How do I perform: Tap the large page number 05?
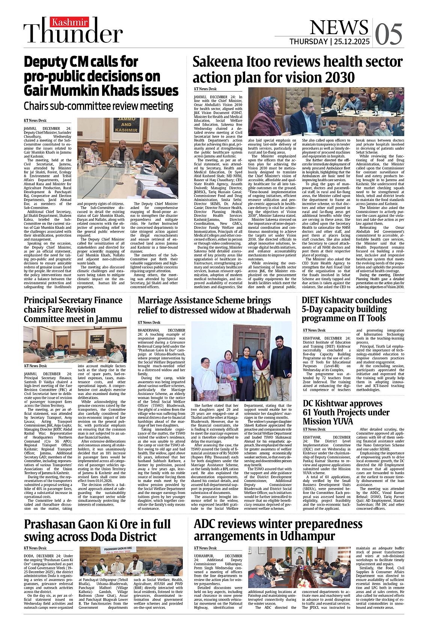[x=389, y=35]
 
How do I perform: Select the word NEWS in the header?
[x=339, y=27]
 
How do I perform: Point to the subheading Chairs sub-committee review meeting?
[x=98, y=107]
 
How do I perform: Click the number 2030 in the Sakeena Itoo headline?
[x=337, y=78]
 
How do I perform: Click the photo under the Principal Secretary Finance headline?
[x=75, y=344]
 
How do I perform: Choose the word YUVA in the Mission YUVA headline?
[x=341, y=422]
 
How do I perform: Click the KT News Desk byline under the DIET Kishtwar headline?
[x=314, y=330]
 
